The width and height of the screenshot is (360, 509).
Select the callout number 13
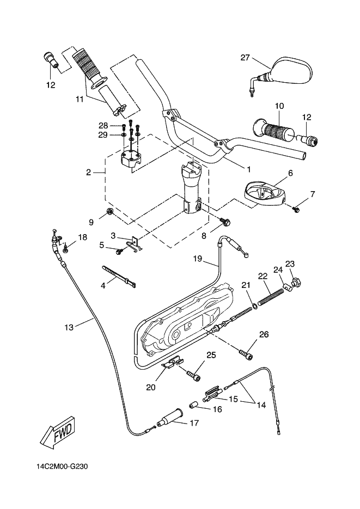tap(68, 327)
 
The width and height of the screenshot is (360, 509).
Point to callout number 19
tap(198, 260)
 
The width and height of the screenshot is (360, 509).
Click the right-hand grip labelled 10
tap(276, 130)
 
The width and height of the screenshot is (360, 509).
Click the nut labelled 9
tap(109, 212)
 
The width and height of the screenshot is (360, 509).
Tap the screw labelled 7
tap(297, 208)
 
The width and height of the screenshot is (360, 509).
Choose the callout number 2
tap(88, 173)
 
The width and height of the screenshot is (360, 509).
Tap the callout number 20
tap(151, 388)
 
